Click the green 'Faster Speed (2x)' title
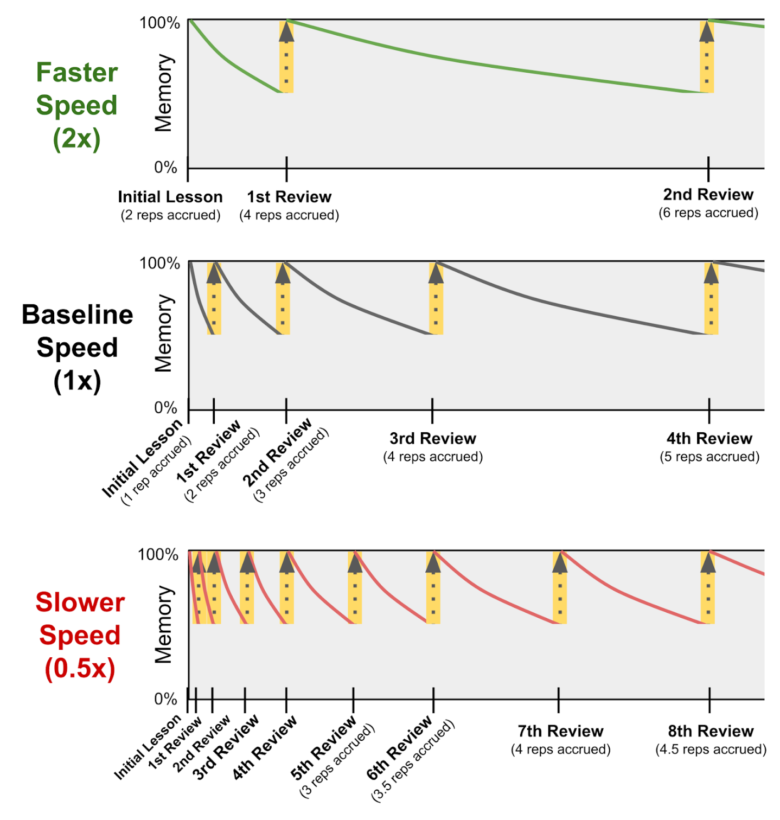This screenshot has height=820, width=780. (x=76, y=105)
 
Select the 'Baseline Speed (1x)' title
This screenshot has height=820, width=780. (x=77, y=348)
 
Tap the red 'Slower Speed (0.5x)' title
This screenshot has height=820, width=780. (x=80, y=635)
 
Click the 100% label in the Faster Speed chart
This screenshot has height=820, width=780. (x=160, y=23)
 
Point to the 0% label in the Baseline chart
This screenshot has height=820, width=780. (x=165, y=407)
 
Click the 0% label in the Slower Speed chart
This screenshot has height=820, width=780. (x=165, y=699)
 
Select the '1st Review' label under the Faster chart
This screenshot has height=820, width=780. (x=289, y=197)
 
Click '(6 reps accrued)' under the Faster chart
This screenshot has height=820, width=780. (x=708, y=213)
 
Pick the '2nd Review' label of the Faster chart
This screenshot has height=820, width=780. (x=708, y=194)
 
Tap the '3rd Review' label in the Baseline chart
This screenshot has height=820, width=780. (x=433, y=438)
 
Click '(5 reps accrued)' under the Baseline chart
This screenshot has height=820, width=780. (x=709, y=457)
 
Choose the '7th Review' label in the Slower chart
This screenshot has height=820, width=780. (x=560, y=731)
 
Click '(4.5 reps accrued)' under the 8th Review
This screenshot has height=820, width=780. (x=711, y=749)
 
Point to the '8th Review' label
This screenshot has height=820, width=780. (x=711, y=731)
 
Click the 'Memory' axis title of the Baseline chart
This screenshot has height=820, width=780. (x=163, y=334)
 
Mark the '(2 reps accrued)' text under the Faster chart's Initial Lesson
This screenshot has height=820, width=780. (x=170, y=215)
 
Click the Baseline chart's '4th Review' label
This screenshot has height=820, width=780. (x=709, y=438)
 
